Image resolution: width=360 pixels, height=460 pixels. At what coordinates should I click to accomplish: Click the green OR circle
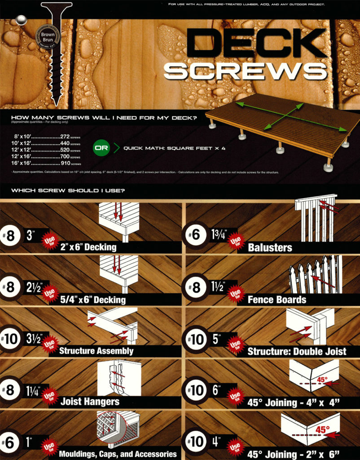click(101, 147)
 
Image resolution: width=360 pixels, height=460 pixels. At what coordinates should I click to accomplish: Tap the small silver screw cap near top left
click(20, 20)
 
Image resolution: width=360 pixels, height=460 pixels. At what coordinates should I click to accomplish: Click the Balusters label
click(269, 247)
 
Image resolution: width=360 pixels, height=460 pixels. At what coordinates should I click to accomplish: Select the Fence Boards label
click(277, 299)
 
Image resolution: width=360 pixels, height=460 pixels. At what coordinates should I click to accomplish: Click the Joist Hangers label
click(90, 402)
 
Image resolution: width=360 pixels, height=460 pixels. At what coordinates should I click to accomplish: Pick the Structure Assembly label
click(96, 350)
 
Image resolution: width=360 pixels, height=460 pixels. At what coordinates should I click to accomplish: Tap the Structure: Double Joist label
click(297, 351)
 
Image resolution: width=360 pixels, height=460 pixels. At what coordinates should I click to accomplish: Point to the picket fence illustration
click(316, 274)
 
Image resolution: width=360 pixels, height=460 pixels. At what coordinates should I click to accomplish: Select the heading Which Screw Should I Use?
click(68, 190)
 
